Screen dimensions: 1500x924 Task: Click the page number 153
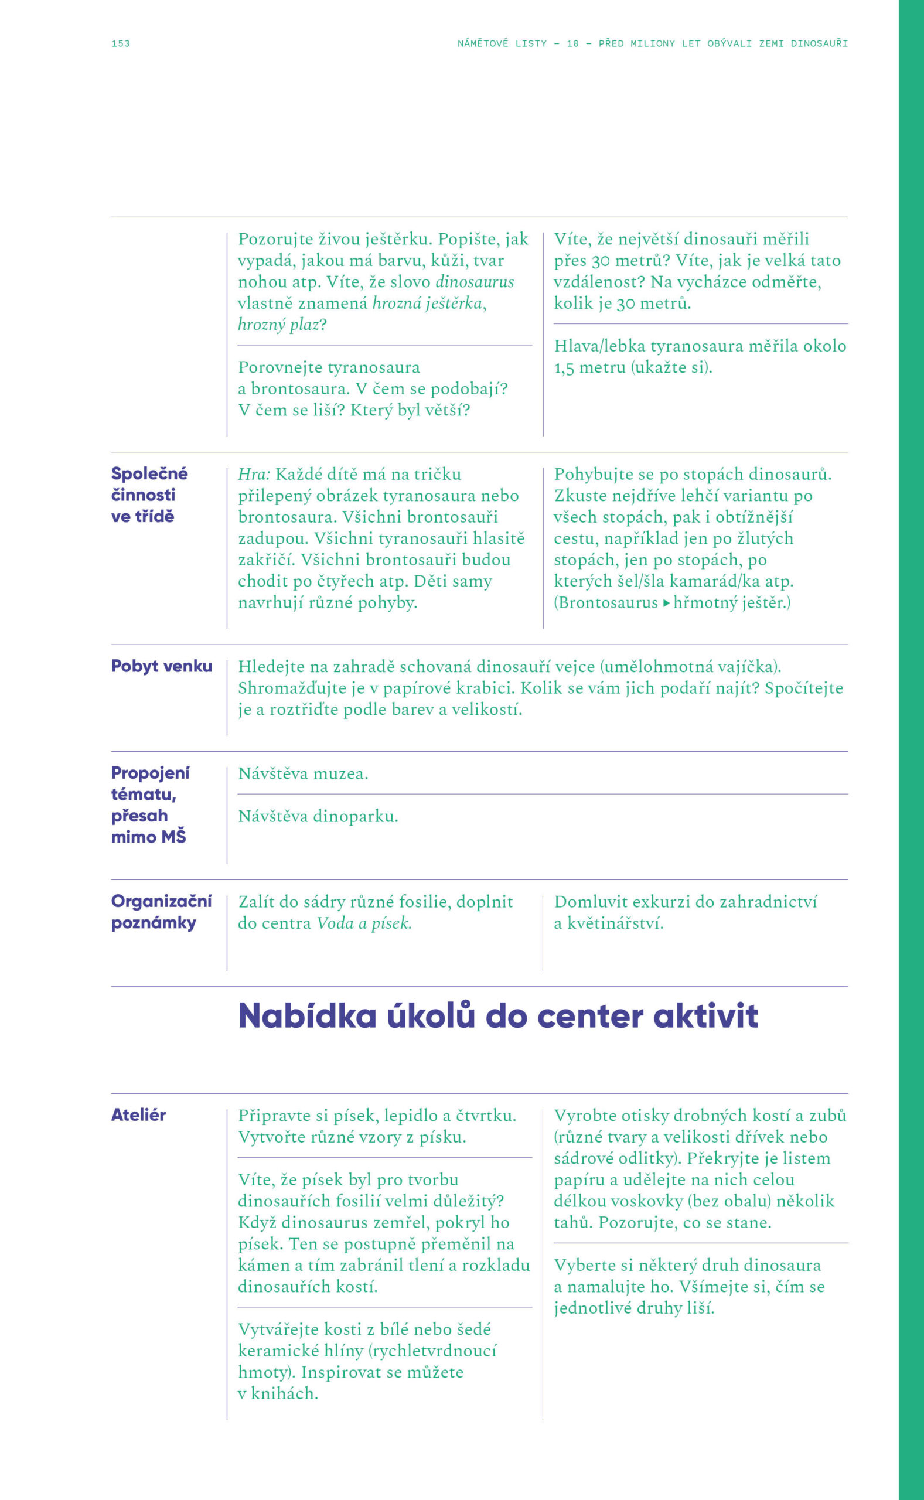click(x=120, y=43)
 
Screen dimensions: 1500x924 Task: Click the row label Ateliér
click(x=139, y=1115)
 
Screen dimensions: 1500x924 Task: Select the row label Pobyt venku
click(x=161, y=666)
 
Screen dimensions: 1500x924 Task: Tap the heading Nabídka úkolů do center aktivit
click(x=497, y=1016)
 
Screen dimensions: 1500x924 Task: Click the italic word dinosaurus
click(x=474, y=282)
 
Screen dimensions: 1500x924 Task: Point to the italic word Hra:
click(x=254, y=474)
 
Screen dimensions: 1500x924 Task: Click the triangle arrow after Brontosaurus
click(x=666, y=603)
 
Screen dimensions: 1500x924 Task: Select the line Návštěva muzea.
click(x=303, y=773)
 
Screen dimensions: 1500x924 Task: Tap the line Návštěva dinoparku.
click(x=318, y=816)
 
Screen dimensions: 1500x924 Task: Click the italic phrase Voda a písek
click(x=364, y=923)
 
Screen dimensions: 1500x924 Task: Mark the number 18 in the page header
click(x=572, y=43)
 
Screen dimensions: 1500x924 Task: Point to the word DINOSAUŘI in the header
click(x=819, y=43)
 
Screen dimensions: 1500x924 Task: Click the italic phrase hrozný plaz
click(x=279, y=325)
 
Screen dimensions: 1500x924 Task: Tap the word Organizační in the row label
click(x=161, y=901)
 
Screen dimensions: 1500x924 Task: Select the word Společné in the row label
click(x=149, y=473)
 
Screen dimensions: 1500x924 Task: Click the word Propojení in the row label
click(x=151, y=773)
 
